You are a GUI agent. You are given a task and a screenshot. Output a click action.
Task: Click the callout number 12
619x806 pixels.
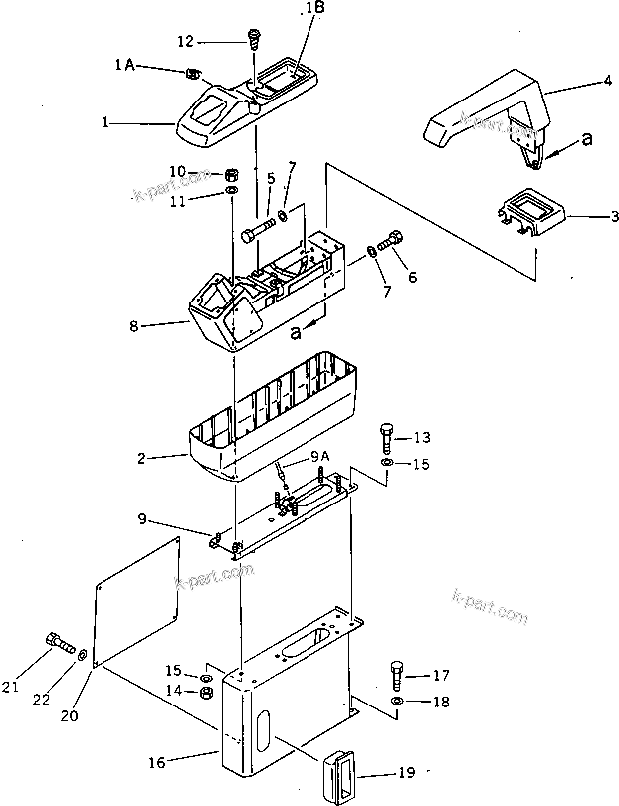click(x=185, y=41)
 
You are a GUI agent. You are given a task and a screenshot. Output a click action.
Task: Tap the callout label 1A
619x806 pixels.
click(x=125, y=64)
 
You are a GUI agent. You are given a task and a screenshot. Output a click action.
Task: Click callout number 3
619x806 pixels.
click(x=587, y=215)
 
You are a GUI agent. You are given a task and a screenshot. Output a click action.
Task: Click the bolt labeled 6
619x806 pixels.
click(x=395, y=240)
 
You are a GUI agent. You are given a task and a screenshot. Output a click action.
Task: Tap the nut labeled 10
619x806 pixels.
click(x=230, y=172)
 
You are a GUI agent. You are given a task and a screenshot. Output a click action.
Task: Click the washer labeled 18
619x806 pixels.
click(x=397, y=703)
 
